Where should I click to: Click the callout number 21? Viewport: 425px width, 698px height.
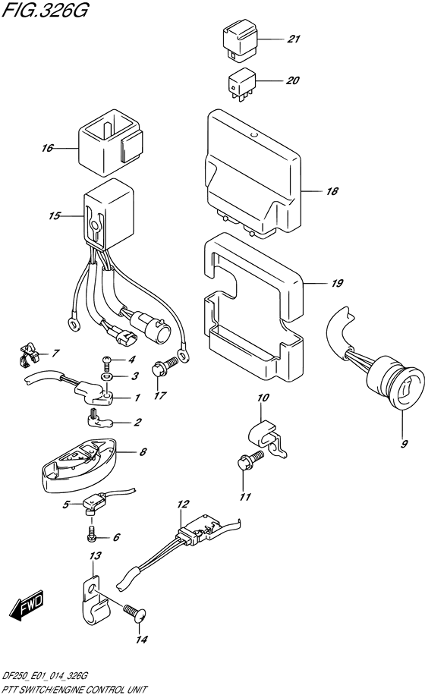pos(293,39)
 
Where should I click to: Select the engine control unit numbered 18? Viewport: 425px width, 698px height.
pos(253,174)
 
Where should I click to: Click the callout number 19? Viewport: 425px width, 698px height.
pos(337,283)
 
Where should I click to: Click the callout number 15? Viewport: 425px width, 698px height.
pos(54,216)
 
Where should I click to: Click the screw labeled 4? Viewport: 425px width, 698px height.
pos(106,363)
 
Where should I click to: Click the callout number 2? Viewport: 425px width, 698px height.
pos(137,422)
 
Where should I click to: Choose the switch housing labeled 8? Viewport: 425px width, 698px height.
pos(80,466)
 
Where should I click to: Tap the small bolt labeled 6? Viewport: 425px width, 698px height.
pos(90,532)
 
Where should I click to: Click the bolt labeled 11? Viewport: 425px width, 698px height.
pos(250,460)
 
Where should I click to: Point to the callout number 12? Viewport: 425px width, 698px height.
pos(183,504)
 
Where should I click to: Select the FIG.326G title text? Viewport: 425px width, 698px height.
pos(45,10)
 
